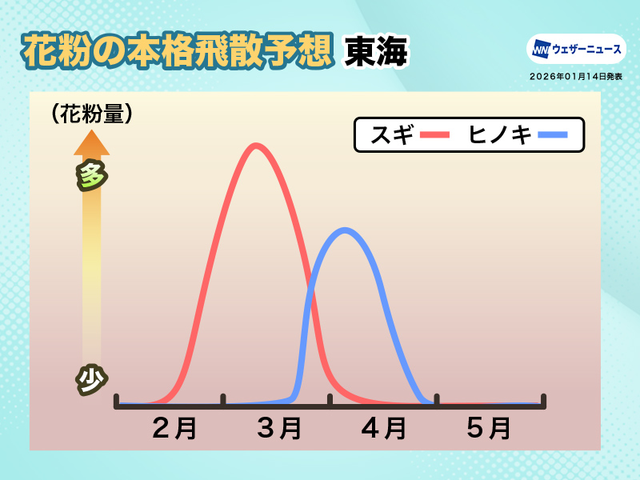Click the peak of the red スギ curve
pyautogui.click(x=255, y=146)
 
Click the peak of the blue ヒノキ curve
pyautogui.click(x=346, y=230)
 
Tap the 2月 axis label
pyautogui.click(x=174, y=428)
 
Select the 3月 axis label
pyautogui.click(x=279, y=428)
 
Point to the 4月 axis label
pyautogui.click(x=384, y=428)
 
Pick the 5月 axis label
pyautogui.click(x=489, y=428)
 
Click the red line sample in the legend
pyautogui.click(x=434, y=134)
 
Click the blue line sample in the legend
pyautogui.click(x=553, y=134)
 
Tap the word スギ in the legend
pyautogui.click(x=392, y=134)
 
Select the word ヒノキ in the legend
pyautogui.click(x=500, y=134)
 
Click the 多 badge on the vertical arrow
pyautogui.click(x=92, y=175)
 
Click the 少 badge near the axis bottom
pyautogui.click(x=92, y=379)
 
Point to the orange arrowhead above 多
pyautogui.click(x=92, y=143)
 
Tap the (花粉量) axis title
pyautogui.click(x=92, y=114)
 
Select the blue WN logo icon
pyautogui.click(x=542, y=50)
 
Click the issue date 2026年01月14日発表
pyautogui.click(x=576, y=76)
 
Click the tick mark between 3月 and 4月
pyautogui.click(x=330, y=401)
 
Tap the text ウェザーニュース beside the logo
pyautogui.click(x=587, y=50)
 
